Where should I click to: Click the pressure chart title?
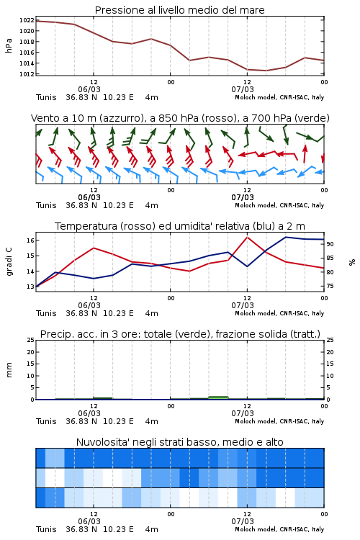coord(179,10)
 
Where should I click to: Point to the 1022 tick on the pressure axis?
coord(27,20)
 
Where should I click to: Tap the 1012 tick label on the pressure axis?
coord(27,74)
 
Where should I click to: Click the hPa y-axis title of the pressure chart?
coord(9,45)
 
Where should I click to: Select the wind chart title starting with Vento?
coord(180,118)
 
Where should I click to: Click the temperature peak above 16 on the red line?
coord(247,237)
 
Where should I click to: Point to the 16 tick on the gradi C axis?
coord(30,240)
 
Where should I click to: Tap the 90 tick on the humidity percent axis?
coord(330,244)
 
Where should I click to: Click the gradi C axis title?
coord(9,262)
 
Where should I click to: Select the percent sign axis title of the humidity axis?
coord(352,262)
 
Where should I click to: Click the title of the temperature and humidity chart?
coord(180,226)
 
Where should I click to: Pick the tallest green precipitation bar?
coord(218,397)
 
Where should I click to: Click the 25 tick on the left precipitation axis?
coord(30,340)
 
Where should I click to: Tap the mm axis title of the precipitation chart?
coord(9,370)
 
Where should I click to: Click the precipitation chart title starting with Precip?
coord(180,334)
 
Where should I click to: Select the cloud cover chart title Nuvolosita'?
coord(179,442)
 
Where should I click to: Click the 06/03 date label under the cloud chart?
coord(89,521)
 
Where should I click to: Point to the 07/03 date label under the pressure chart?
coord(243,89)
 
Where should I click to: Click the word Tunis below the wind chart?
coord(46,206)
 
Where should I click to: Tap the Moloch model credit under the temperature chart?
coord(279,313)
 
